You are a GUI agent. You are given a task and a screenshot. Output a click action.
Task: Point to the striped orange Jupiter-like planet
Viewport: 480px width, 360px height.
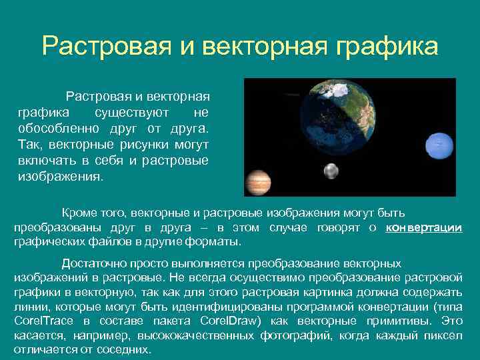point(259,182)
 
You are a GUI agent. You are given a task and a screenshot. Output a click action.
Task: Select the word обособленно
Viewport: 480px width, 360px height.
point(59,128)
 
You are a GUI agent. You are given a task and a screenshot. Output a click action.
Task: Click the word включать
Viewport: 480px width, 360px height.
point(47,161)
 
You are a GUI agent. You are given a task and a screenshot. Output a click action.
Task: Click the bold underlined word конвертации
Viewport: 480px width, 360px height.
point(424,227)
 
